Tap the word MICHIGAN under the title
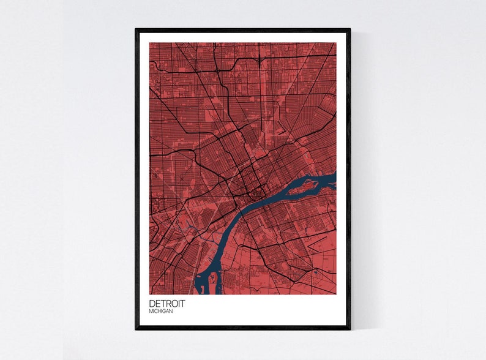pos(160,312)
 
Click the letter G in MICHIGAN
pos(165,312)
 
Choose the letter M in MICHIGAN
pos(151,312)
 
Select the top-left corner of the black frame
pos(136,29)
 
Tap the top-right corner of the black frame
pos(350,29)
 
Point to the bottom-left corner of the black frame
pos(136,328)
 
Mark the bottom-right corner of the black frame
pos(350,328)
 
